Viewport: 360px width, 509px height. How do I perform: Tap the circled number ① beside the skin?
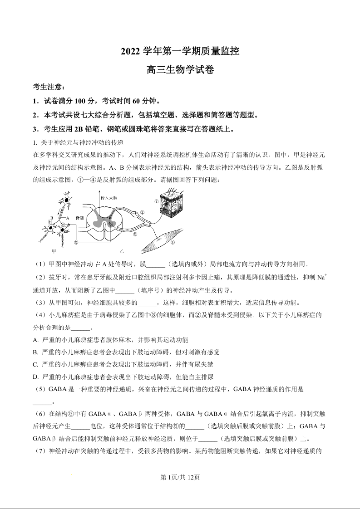pyautogui.click(x=156, y=201)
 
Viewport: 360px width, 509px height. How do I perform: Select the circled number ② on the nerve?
pyautogui.click(x=142, y=212)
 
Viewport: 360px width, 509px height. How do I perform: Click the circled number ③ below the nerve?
pyautogui.click(x=135, y=235)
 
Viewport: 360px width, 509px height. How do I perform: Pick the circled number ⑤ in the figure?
pyautogui.click(x=76, y=242)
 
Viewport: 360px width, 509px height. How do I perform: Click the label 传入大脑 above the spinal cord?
pyautogui.click(x=108, y=198)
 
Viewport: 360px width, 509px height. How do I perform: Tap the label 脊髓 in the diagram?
pyautogui.click(x=80, y=218)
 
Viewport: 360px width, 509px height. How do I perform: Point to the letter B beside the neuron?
pyautogui.click(x=52, y=218)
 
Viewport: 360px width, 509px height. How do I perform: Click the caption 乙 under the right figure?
pyautogui.click(x=121, y=251)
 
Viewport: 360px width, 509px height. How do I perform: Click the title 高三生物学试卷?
pyautogui.click(x=180, y=70)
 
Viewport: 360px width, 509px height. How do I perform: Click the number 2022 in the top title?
pyautogui.click(x=131, y=52)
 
